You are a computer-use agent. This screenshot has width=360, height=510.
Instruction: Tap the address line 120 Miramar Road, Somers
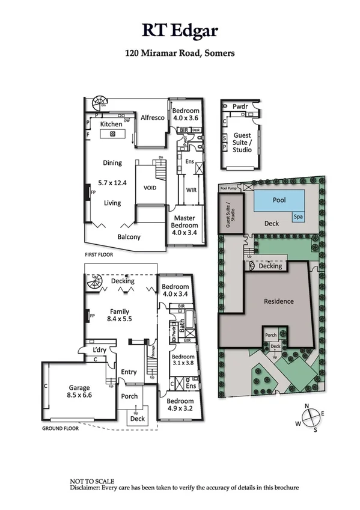(x=179, y=53)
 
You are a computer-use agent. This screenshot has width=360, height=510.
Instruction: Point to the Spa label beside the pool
(x=298, y=216)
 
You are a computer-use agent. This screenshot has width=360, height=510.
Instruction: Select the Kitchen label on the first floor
(x=111, y=124)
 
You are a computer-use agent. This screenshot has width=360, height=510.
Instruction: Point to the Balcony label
(x=129, y=237)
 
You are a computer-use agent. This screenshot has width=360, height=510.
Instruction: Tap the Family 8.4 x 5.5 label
(x=120, y=316)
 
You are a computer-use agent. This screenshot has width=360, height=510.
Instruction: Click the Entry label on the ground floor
(x=129, y=372)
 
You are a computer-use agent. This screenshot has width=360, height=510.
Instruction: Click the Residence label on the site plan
(x=279, y=301)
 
